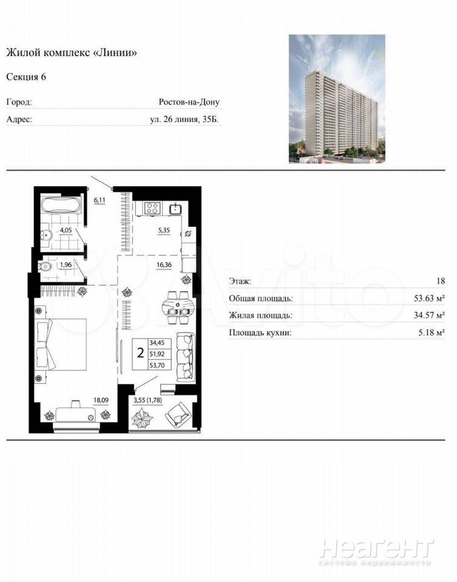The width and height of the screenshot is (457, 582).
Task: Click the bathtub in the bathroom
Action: pos(61,206)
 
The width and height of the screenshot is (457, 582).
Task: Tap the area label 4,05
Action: pos(65,230)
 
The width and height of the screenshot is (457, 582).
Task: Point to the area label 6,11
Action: pos(99,200)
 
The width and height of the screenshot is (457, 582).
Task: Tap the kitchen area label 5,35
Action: pos(164,230)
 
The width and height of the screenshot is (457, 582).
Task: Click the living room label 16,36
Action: pos(164,265)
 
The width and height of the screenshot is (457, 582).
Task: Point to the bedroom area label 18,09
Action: pos(101,400)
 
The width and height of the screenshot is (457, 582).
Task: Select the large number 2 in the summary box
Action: pos(140,353)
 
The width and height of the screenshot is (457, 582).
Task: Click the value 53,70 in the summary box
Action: pos(156,365)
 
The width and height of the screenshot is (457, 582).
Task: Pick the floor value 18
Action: pos(440,281)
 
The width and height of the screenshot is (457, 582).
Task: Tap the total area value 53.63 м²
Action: pos(429,298)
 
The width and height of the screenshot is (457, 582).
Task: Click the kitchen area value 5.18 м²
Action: pos(432,333)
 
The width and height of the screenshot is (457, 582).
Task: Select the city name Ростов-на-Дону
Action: pos(189,102)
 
